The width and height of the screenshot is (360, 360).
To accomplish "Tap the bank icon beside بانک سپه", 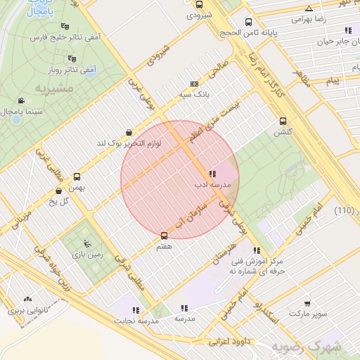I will [x=195, y=83].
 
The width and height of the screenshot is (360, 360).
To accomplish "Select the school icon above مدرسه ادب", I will [x=212, y=174].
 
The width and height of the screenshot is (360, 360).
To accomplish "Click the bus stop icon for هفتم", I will [x=165, y=236].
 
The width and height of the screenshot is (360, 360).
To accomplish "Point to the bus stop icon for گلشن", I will [x=283, y=121].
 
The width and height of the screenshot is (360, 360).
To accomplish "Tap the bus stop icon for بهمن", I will [x=77, y=176].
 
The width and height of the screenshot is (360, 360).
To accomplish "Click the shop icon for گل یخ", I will [x=58, y=191].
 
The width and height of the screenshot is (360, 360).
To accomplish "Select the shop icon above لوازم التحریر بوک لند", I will [x=128, y=132].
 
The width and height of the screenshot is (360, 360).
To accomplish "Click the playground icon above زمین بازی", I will [x=87, y=245].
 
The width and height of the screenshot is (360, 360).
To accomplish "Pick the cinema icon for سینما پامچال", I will [x=22, y=101].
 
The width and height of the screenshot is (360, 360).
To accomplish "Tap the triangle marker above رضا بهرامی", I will [x=309, y=8].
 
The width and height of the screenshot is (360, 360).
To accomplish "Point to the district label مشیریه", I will [x=56, y=89].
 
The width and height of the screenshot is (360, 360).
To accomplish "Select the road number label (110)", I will [x=344, y=211].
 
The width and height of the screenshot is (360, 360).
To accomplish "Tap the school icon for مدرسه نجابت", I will [x=135, y=309].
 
